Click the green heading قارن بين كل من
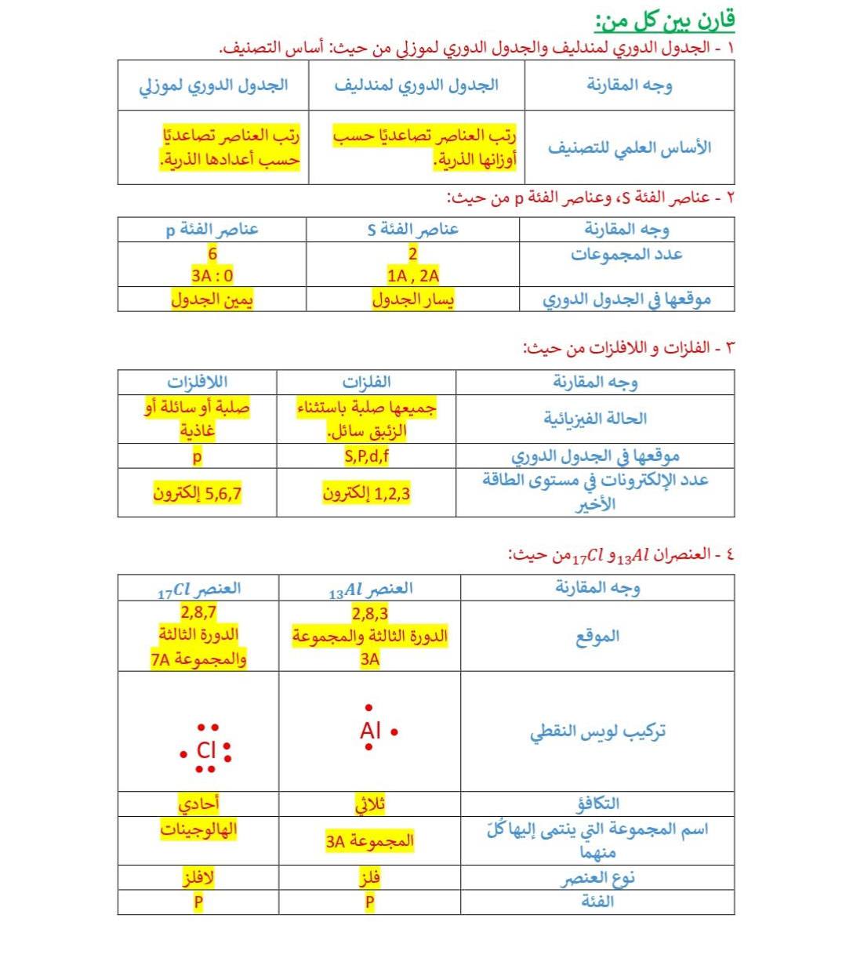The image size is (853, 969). pyautogui.click(x=664, y=20)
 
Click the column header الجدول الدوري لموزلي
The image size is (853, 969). pyautogui.click(x=213, y=85)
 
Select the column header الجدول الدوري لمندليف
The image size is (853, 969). pyautogui.click(x=416, y=85)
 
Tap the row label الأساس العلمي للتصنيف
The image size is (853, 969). pyautogui.click(x=629, y=147)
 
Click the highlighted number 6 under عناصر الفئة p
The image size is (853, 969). pyautogui.click(x=212, y=253)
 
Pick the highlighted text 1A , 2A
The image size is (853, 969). pyautogui.click(x=413, y=275)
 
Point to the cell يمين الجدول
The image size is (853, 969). pyautogui.click(x=212, y=299)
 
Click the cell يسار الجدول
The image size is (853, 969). pyautogui.click(x=413, y=299)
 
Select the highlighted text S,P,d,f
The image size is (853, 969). pyautogui.click(x=366, y=456)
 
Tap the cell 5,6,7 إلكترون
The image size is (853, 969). pyautogui.click(x=198, y=493)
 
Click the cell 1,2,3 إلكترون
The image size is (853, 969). pyautogui.click(x=366, y=493)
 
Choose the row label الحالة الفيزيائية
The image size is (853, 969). pyautogui.click(x=595, y=418)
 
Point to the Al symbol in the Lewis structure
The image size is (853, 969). pyautogui.click(x=370, y=731)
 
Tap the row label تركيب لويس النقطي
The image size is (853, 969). pyautogui.click(x=597, y=731)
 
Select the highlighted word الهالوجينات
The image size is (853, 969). pyautogui.click(x=198, y=829)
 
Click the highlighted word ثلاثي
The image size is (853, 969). pyautogui.click(x=370, y=804)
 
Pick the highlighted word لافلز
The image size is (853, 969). pyautogui.click(x=198, y=878)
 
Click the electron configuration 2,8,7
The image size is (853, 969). pyautogui.click(x=198, y=612)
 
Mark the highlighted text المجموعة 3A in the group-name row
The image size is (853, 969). pyautogui.click(x=369, y=841)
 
